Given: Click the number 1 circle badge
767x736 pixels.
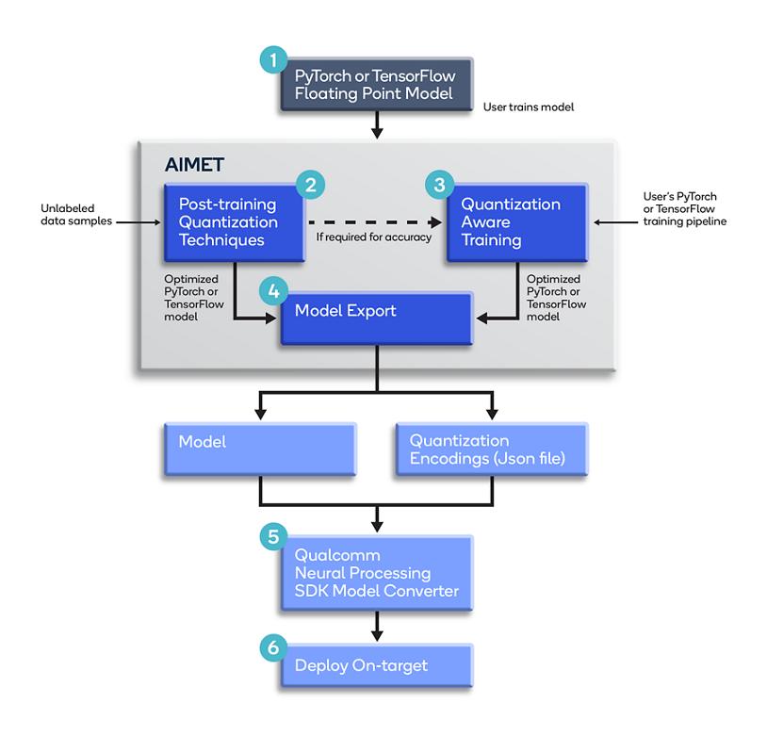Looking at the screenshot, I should [273, 60].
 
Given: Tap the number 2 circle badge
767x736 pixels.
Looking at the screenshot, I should [311, 184].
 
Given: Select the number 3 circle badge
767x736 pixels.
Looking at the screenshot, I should [439, 184].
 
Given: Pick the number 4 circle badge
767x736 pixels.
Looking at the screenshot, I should [273, 291].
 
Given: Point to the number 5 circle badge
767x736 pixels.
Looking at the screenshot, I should [273, 537].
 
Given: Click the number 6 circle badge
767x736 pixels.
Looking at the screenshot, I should [273, 647].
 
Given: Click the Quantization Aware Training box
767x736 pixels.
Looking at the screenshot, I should [516, 222].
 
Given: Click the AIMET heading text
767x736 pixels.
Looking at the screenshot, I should [195, 164].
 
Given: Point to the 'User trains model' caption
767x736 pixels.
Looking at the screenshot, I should [528, 107].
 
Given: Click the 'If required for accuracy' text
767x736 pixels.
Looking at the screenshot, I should [374, 237].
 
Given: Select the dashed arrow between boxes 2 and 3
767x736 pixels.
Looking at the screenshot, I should [374, 222].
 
